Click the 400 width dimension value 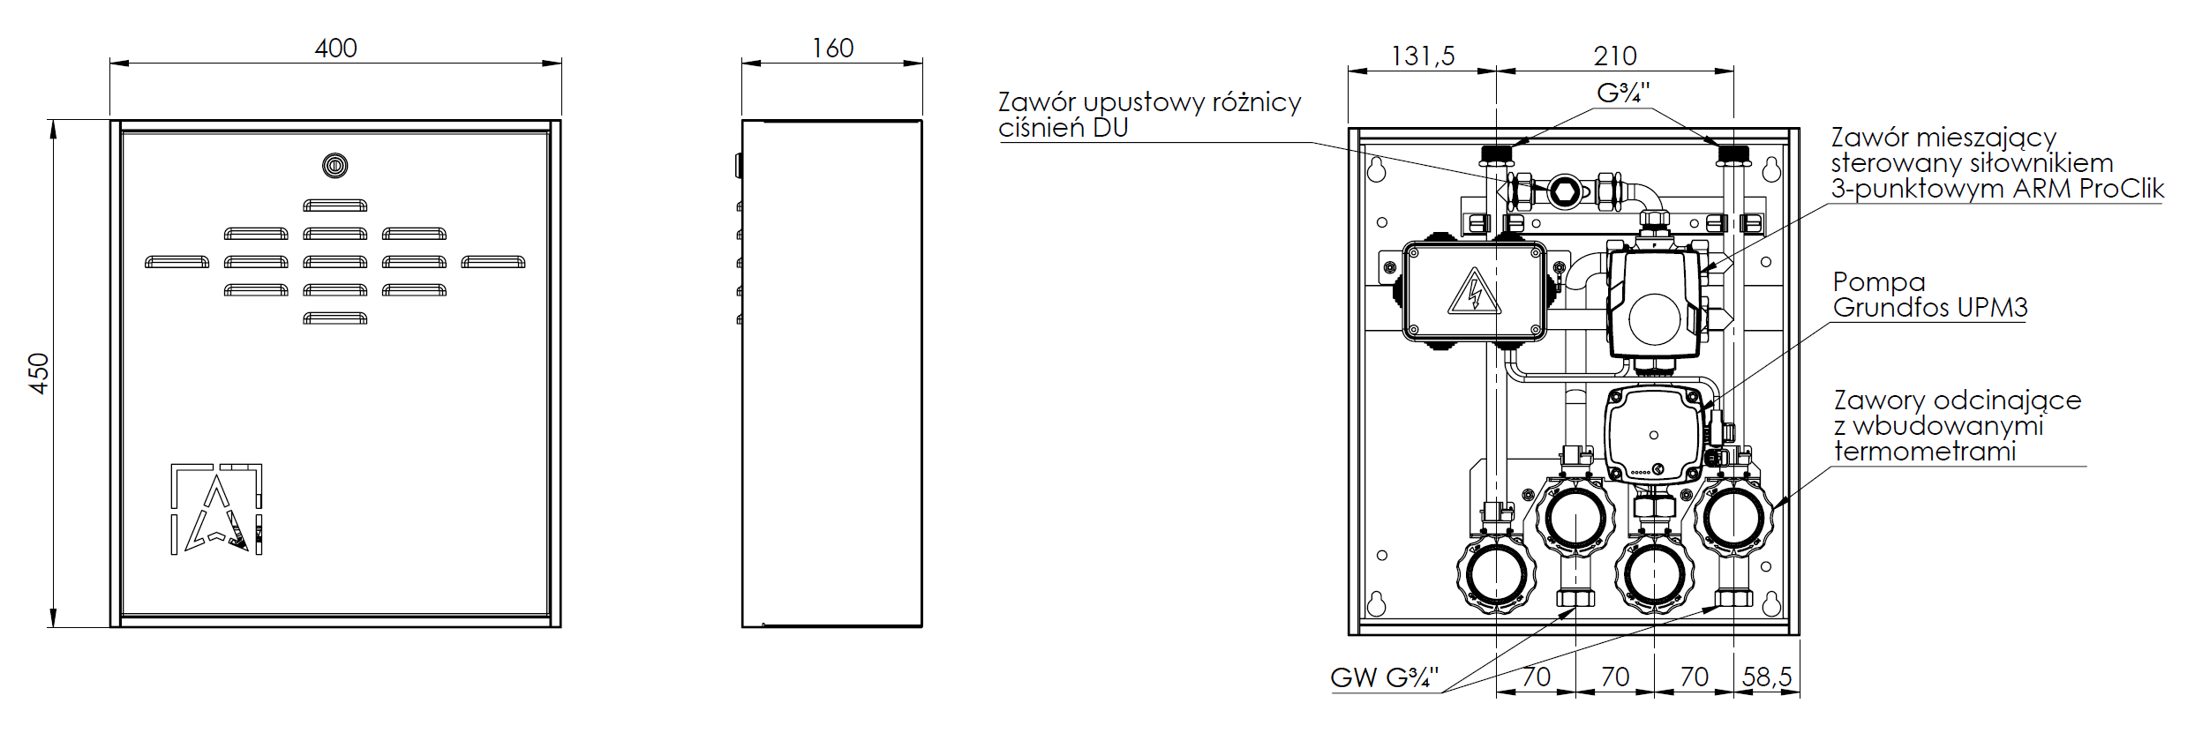[x=335, y=48]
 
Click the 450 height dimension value [x=39, y=373]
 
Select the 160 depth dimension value [x=832, y=48]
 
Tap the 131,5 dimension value [x=1423, y=56]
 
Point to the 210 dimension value [x=1615, y=56]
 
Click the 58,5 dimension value [x=1767, y=677]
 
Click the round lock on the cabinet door [x=335, y=165]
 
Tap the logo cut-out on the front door [x=216, y=509]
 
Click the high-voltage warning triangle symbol [x=1474, y=293]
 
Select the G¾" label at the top [x=1623, y=93]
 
